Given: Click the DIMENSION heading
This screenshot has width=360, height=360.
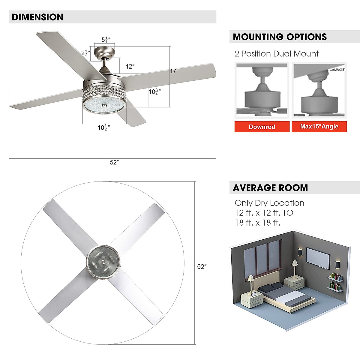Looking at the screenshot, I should click(37, 17).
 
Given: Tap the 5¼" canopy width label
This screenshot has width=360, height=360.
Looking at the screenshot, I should click(106, 40).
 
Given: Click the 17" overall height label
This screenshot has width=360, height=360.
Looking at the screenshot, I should click(174, 71).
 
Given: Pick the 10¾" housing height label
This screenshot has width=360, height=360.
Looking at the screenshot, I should click(155, 92).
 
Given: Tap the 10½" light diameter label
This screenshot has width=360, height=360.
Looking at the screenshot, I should click(103, 127).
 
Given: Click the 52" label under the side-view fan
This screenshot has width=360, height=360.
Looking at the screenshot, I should click(114, 162).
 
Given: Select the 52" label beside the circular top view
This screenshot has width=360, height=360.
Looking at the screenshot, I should click(202, 267).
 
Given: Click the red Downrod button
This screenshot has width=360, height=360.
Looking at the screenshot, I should click(262, 127).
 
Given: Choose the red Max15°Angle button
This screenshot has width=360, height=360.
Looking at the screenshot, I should click(319, 127).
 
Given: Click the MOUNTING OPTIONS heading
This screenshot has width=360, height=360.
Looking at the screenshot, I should click(280, 37).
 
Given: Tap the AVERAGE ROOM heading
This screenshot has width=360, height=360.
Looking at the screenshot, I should click(270, 188).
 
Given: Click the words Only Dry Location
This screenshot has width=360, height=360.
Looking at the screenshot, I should click(269, 203).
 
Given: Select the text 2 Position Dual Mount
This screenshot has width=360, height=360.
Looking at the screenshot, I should click(276, 54).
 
